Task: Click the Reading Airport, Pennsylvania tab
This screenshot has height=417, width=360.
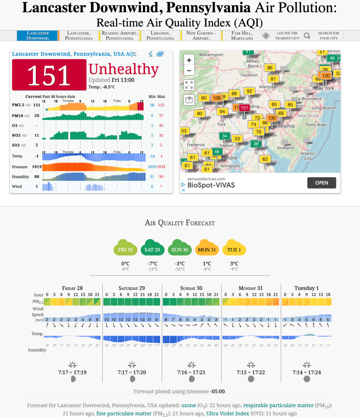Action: (120, 36)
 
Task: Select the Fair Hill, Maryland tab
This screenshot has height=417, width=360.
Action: (242, 36)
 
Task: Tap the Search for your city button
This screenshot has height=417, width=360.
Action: (324, 36)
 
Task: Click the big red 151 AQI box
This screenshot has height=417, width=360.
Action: (49, 75)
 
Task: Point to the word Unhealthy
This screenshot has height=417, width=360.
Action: (123, 69)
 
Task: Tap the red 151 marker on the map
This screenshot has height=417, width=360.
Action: (244, 108)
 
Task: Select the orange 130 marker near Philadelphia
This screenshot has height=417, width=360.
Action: (272, 118)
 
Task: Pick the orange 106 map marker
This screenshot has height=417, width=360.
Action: (217, 98)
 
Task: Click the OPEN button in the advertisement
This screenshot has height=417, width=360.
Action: (321, 183)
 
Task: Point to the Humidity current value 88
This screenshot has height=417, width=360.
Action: (37, 177)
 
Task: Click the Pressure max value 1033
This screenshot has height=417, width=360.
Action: (161, 167)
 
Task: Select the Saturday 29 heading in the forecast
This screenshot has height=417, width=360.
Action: (132, 288)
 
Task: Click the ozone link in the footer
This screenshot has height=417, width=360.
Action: (189, 406)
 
